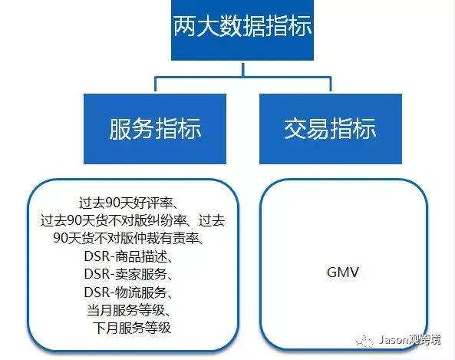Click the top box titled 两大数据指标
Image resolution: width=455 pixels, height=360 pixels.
[x=242, y=30]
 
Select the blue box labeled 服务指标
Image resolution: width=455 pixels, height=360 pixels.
[x=155, y=129]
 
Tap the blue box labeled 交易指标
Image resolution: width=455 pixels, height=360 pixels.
[x=331, y=129]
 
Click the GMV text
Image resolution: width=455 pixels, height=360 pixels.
[x=343, y=272]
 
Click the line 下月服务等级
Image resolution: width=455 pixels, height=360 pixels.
[x=132, y=328]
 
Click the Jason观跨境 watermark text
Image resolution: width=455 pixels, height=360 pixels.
[x=410, y=340]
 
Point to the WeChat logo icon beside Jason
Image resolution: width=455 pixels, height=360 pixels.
[x=364, y=340]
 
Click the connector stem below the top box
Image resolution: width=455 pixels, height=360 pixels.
[x=243, y=69]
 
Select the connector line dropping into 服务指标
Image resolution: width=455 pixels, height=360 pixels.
[x=156, y=84]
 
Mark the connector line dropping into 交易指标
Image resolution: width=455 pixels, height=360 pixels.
[x=331, y=84]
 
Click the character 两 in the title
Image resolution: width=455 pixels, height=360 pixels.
[x=185, y=26]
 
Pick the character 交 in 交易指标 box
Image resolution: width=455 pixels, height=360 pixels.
[x=295, y=129]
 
